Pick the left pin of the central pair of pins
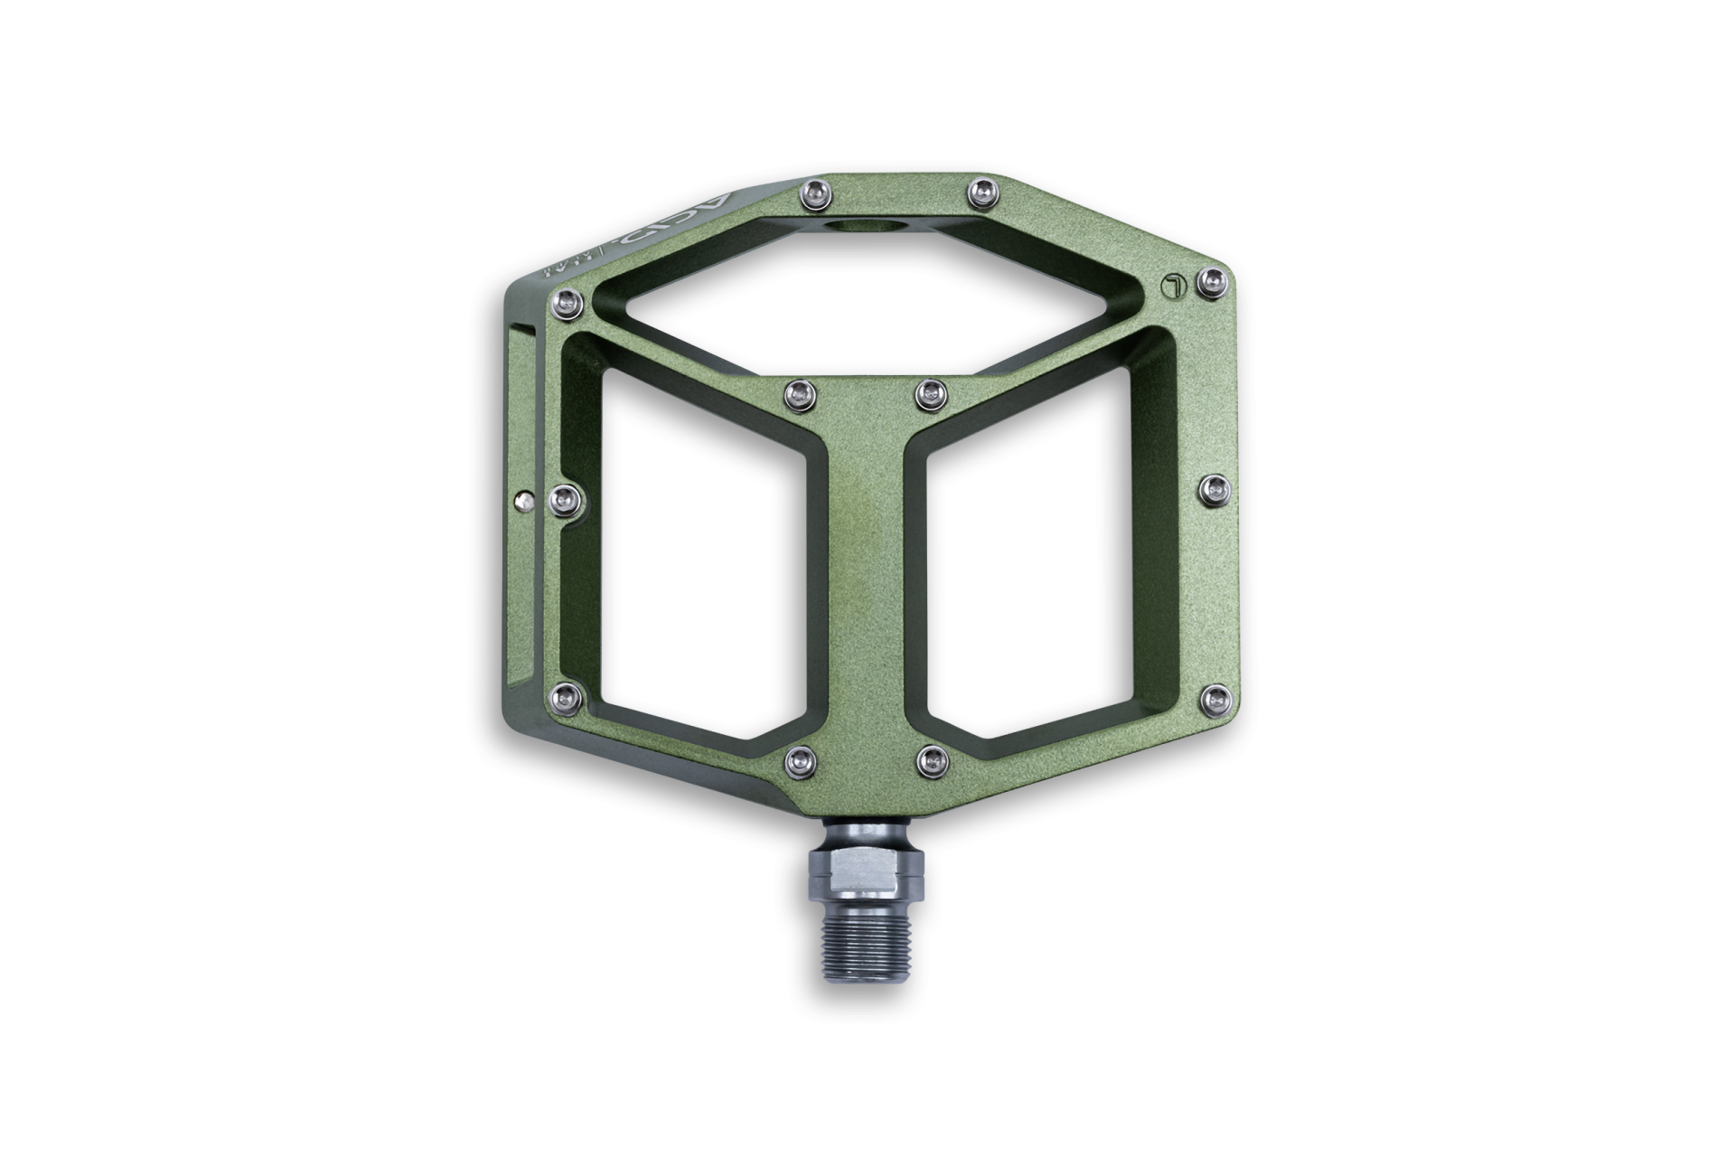[x=798, y=391]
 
